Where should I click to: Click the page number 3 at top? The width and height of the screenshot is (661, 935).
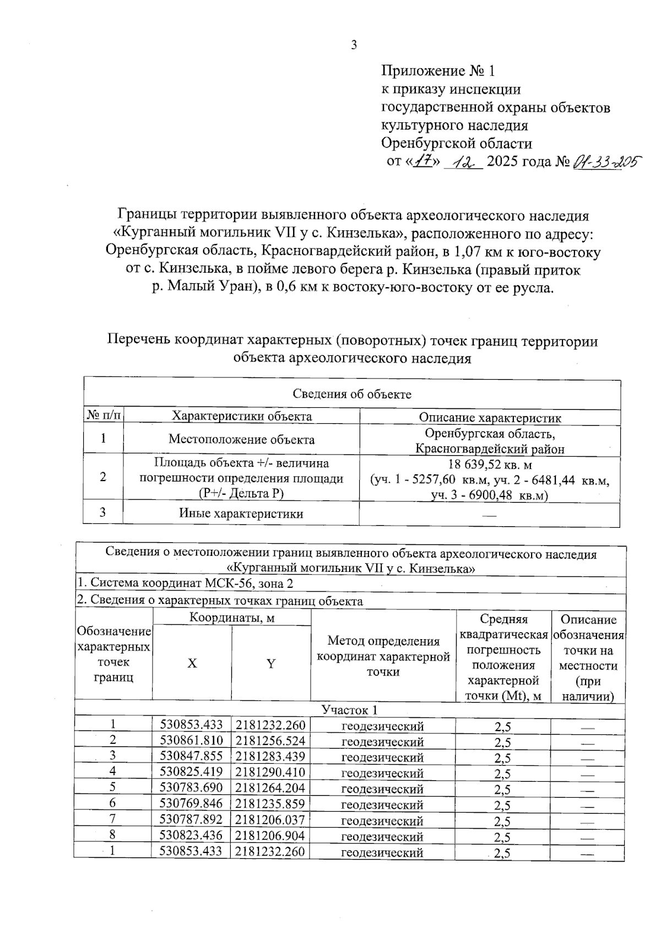[x=354, y=45]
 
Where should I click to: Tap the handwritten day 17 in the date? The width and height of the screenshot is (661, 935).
[x=424, y=162]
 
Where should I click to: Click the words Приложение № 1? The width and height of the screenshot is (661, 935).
[x=438, y=71]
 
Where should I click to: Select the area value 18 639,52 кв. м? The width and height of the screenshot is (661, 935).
[x=489, y=465]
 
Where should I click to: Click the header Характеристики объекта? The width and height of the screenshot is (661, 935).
[x=242, y=417]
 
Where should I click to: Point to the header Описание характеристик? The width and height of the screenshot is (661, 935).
[x=490, y=418]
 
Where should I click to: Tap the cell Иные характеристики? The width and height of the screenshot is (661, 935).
[x=241, y=514]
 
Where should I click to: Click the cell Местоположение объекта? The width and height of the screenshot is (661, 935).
[x=241, y=440]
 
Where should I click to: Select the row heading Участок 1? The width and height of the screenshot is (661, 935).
[x=350, y=710]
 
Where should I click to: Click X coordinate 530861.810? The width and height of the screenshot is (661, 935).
[x=191, y=741]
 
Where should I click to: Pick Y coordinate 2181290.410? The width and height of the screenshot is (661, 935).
[x=270, y=772]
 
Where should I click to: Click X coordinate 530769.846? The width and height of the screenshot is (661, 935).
[x=191, y=804]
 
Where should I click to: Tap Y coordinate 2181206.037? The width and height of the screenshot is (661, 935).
[x=270, y=820]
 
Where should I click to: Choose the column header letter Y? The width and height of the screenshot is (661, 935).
[x=271, y=664]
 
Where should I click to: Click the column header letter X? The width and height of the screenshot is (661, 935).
[x=192, y=664]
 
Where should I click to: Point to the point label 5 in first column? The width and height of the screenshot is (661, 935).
[x=113, y=788]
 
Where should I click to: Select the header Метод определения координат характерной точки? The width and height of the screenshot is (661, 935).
[x=383, y=656]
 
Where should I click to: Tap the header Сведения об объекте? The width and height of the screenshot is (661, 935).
[x=351, y=394]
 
